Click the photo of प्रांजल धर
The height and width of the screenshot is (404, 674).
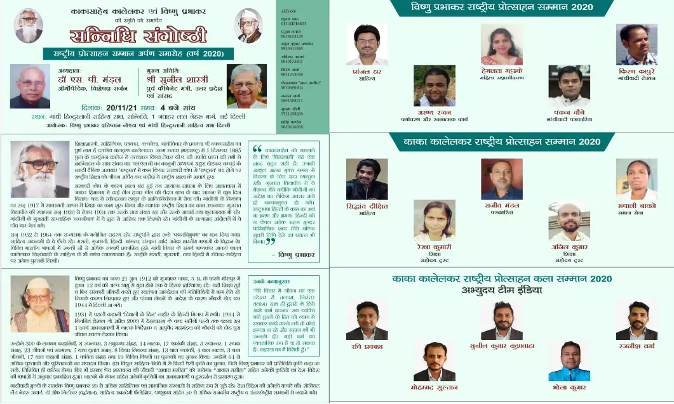(x=367, y=45)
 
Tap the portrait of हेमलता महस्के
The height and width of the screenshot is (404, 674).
(x=502, y=45)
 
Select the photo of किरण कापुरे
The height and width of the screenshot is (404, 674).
(x=636, y=44)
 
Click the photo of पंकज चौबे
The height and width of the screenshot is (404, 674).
(x=569, y=86)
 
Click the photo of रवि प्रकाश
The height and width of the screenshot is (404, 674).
(x=367, y=320)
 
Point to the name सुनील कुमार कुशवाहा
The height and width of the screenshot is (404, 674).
(x=501, y=346)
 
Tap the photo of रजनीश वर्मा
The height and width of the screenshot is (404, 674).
(x=636, y=320)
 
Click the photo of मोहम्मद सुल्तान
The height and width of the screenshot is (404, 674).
(x=434, y=361)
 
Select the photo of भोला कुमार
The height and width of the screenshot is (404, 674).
(x=569, y=361)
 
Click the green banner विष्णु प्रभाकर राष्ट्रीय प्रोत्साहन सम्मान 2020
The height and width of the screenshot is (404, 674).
(x=502, y=8)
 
